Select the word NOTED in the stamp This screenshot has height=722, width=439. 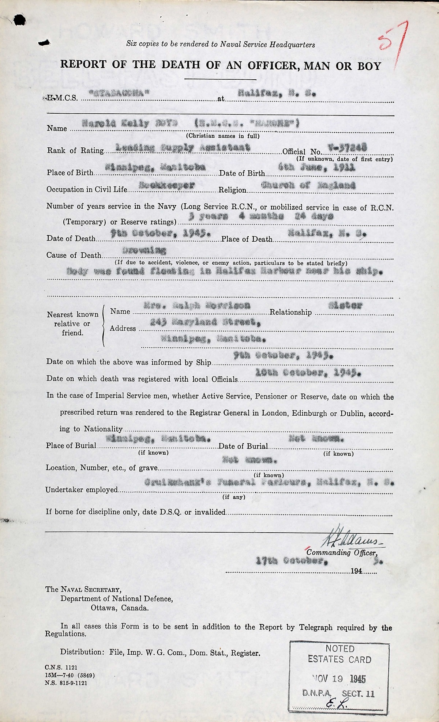pyautogui.click(x=340, y=649)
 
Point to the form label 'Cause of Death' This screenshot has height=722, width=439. pyautogui.click(x=74, y=255)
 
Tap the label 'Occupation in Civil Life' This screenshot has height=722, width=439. pyautogui.click(x=87, y=189)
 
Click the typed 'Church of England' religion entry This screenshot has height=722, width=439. pyautogui.click(x=308, y=185)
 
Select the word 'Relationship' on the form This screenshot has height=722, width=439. pyautogui.click(x=290, y=312)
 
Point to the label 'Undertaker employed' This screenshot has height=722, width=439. pyautogui.click(x=82, y=490)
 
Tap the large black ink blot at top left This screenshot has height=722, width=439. pyautogui.click(x=19, y=20)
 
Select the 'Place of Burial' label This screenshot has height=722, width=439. pyautogui.click(x=71, y=446)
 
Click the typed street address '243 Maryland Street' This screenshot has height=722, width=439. pyautogui.click(x=205, y=322)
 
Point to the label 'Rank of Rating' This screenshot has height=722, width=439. pyautogui.click(x=75, y=151)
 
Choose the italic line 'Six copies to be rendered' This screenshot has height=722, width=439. pyautogui.click(x=220, y=44)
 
